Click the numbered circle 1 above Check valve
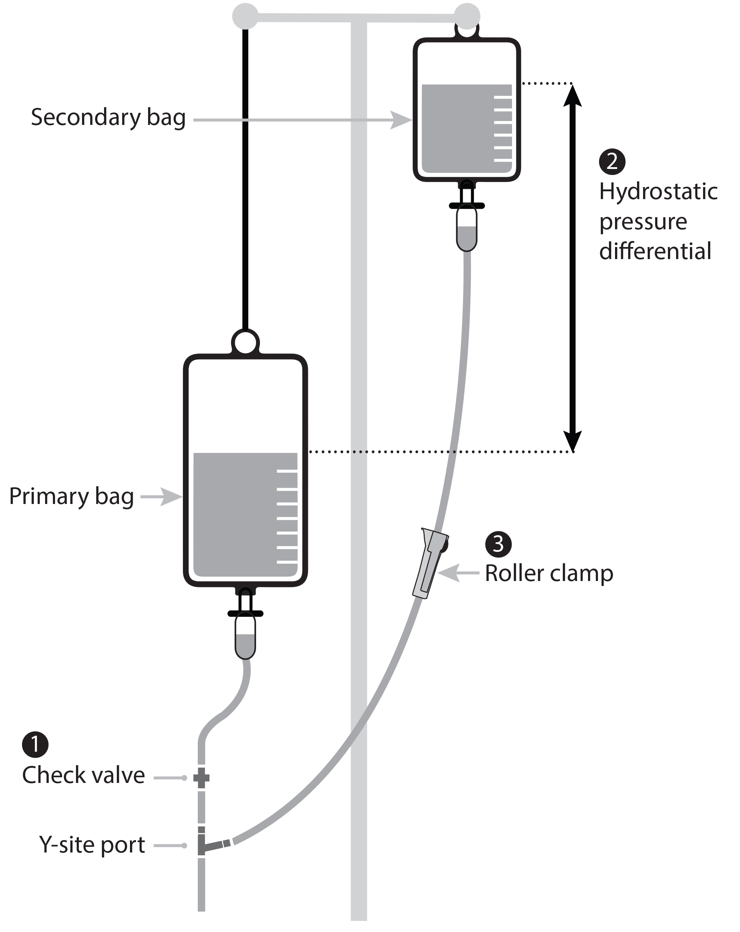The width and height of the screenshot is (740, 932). (35, 744)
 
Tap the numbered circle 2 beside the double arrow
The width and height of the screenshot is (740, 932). (611, 162)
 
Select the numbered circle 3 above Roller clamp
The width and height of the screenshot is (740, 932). (498, 544)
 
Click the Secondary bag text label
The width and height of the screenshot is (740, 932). (108, 117)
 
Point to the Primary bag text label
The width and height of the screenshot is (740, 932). (71, 496)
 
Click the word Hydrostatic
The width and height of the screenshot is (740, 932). (658, 192)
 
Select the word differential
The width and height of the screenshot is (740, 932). (655, 251)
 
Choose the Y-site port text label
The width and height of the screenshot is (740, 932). (92, 845)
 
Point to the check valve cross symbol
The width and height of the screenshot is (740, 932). (201, 778)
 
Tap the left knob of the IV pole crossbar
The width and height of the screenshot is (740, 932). (245, 16)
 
